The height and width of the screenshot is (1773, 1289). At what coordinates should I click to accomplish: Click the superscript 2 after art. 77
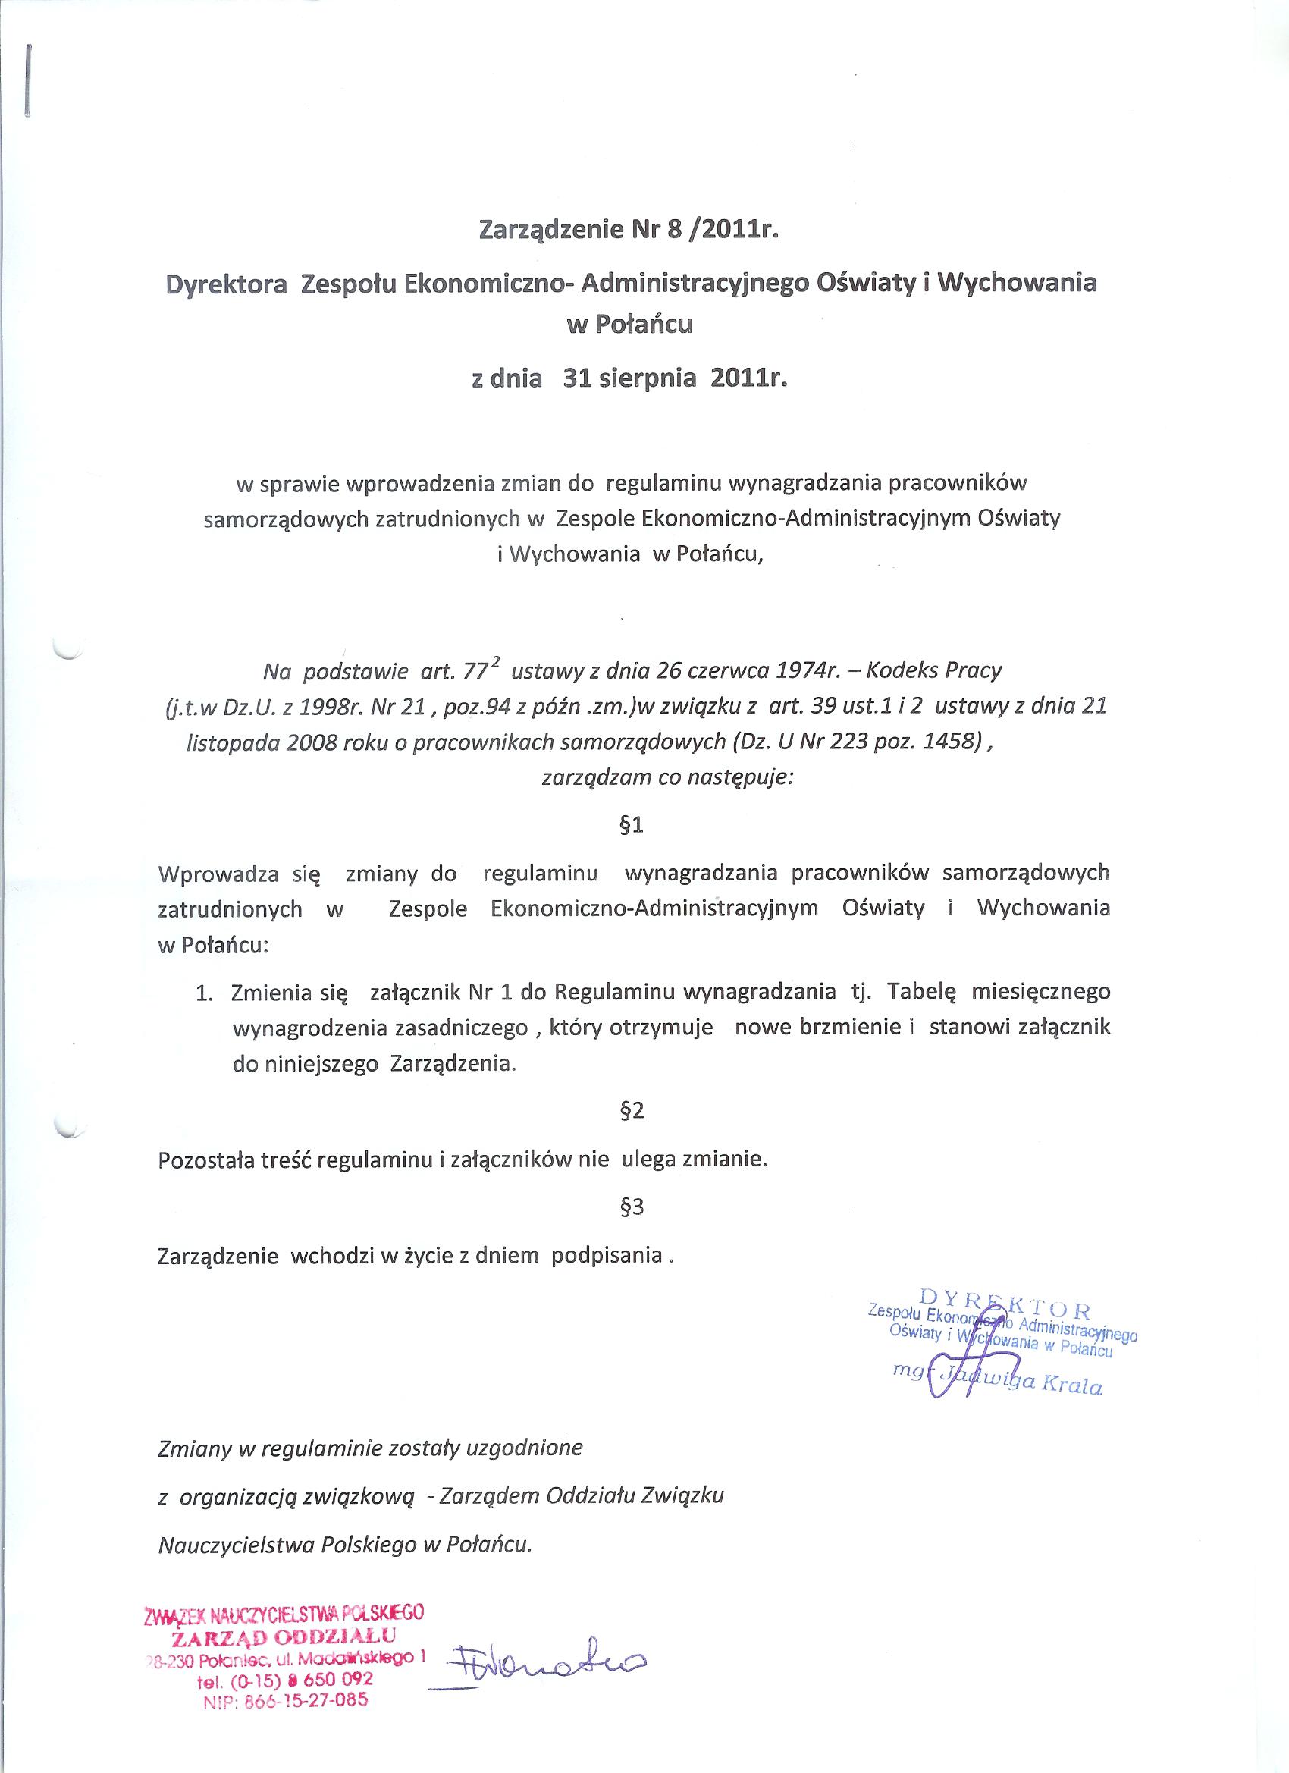(496, 661)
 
